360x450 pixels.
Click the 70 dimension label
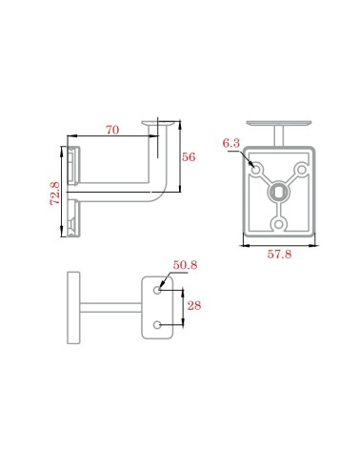pyautogui.click(x=112, y=130)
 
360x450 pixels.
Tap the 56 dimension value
pyautogui.click(x=189, y=157)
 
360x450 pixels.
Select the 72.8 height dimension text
pyautogui.click(x=55, y=194)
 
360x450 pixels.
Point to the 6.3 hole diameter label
pyautogui.click(x=231, y=143)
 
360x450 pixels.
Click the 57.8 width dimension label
pyautogui.click(x=279, y=255)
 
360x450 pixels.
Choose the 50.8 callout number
pyautogui.click(x=185, y=265)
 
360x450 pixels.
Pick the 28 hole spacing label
pyautogui.click(x=194, y=306)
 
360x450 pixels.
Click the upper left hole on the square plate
pyautogui.click(x=256, y=170)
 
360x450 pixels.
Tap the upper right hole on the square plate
pyautogui.click(x=301, y=170)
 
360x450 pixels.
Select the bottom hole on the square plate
pyautogui.click(x=279, y=224)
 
